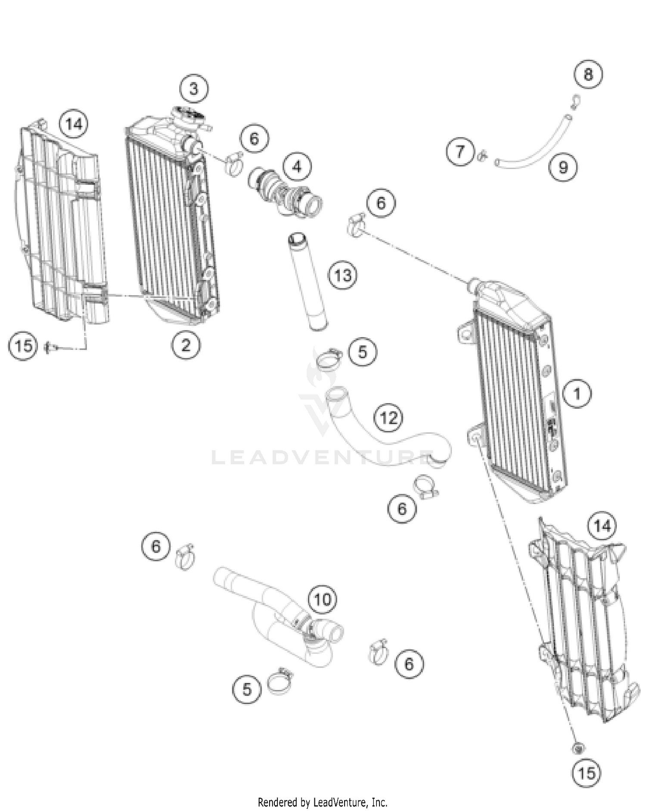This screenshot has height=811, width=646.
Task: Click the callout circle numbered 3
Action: click(x=193, y=89)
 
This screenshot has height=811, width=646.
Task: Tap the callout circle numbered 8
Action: click(x=588, y=75)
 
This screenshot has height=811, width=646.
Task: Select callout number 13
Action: click(x=342, y=275)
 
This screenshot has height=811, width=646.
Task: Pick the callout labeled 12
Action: click(x=389, y=417)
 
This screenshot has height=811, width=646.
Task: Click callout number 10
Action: click(x=323, y=599)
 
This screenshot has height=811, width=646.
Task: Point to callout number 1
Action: click(x=577, y=393)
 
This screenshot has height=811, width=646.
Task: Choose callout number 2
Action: click(x=186, y=345)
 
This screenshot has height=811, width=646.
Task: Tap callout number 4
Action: click(x=297, y=166)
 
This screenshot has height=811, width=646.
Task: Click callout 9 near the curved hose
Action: click(x=563, y=167)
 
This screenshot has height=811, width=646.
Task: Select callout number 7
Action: click(x=460, y=151)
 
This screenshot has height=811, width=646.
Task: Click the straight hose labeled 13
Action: click(x=307, y=282)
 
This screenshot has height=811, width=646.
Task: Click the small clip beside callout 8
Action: click(x=575, y=100)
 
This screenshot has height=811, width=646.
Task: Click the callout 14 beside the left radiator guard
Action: click(x=74, y=124)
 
